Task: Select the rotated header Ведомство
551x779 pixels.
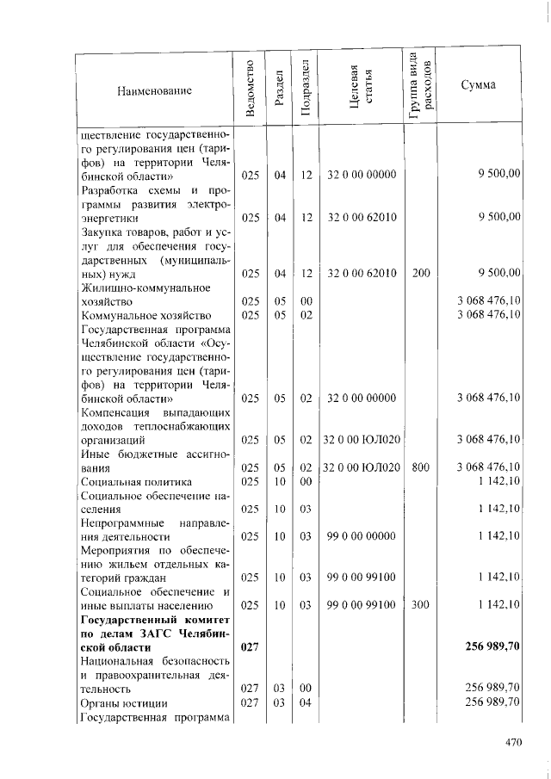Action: [250, 90]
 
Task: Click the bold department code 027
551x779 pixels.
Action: [250, 646]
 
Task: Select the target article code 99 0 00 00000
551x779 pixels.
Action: [361, 536]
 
